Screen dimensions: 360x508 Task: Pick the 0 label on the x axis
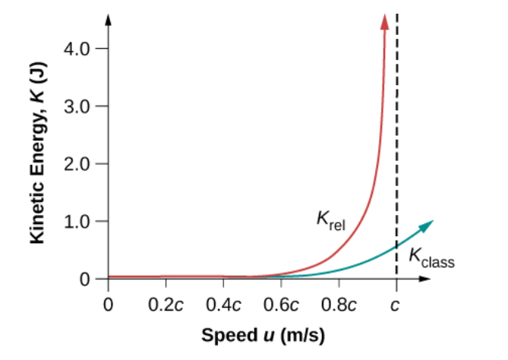108,305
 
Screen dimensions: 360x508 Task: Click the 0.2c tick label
166,305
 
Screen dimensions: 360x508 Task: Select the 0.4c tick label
223,305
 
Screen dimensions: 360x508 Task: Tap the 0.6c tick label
281,305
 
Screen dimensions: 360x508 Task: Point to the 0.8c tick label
339,305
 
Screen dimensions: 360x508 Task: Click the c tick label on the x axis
396,305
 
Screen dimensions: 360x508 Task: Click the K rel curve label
330,221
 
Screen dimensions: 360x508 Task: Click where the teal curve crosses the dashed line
396,245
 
